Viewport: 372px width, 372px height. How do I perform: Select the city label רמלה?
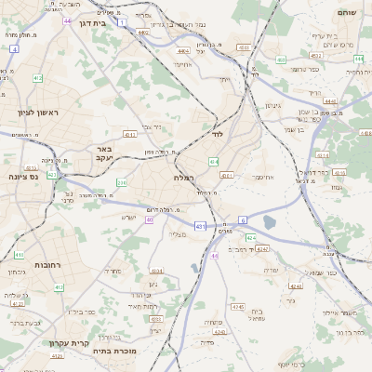click(x=182, y=177)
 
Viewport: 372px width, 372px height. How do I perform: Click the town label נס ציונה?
click(x=22, y=176)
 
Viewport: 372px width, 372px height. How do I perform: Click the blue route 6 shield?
click(x=243, y=219)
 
